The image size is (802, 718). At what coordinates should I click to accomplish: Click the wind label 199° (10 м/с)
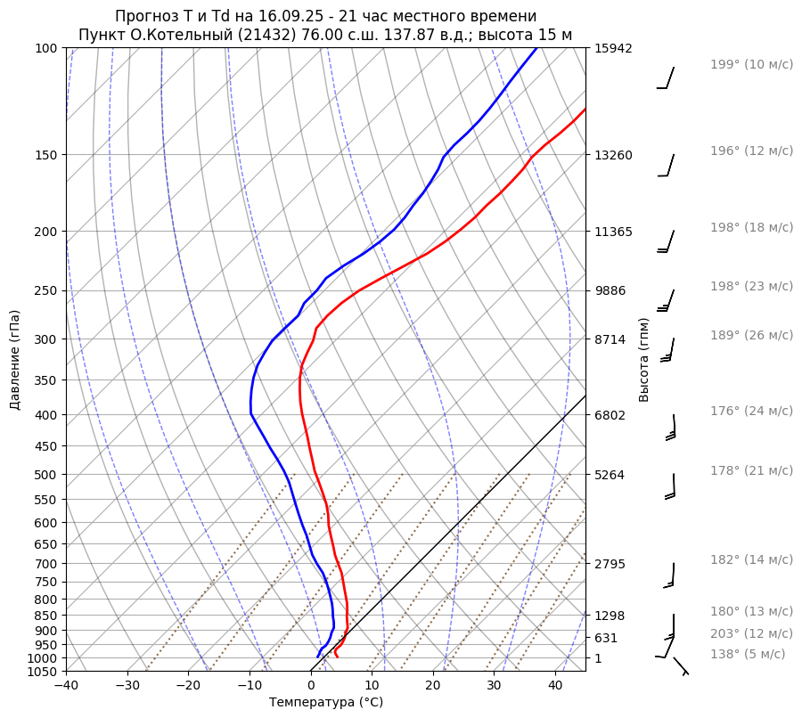751,64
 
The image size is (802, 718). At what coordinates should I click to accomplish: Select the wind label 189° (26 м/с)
751,335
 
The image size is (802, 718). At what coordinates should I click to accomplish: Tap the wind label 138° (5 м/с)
748,654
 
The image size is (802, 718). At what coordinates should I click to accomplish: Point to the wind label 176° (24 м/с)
751,411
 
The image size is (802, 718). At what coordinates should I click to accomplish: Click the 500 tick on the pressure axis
48,475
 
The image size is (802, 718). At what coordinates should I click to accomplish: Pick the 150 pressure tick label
48,155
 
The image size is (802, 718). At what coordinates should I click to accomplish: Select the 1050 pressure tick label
45,672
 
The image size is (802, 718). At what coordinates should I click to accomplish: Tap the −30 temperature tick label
127,686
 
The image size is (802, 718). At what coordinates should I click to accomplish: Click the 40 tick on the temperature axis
555,686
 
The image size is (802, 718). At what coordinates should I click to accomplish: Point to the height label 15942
613,48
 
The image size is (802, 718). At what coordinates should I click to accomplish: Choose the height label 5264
610,475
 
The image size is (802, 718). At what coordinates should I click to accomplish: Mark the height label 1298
610,616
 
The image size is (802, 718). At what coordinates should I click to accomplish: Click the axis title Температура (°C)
326,703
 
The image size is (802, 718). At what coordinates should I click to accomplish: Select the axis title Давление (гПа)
15,360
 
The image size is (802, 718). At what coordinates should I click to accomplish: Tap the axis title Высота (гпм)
644,359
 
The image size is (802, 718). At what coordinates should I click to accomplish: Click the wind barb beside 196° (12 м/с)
667,166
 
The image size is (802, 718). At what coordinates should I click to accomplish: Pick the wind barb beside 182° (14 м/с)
670,575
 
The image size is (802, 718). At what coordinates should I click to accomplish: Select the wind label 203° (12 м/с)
751,633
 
